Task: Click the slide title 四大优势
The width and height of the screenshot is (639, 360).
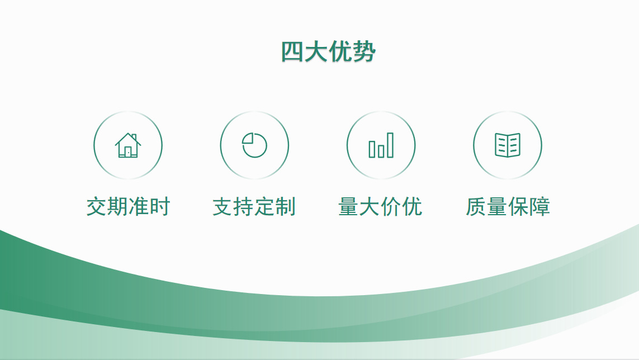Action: [328, 52]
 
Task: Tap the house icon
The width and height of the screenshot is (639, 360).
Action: [128, 145]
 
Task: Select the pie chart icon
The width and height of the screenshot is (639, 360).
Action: [254, 145]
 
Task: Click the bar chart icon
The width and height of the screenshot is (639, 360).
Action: [381, 145]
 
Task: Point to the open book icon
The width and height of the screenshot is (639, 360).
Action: [508, 145]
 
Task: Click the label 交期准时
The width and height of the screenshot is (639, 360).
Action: [128, 206]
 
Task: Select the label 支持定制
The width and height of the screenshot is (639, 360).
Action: [254, 206]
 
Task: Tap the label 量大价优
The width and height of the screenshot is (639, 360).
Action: [381, 206]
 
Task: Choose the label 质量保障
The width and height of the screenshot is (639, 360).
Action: [508, 206]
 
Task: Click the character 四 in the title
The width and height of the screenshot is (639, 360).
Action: [292, 52]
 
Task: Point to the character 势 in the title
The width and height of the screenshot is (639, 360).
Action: [365, 52]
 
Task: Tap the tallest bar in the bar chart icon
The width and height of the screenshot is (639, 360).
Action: [390, 145]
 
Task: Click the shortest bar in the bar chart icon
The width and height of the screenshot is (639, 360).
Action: [381, 151]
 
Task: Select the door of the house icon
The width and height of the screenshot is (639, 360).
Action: [128, 151]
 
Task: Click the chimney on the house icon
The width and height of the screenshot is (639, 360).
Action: [134, 137]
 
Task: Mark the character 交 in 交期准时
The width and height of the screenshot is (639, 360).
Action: [97, 206]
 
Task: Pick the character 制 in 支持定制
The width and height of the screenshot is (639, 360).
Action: [286, 206]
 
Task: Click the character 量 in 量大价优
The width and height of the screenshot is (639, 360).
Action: [349, 206]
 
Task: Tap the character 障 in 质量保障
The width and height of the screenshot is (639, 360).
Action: [539, 206]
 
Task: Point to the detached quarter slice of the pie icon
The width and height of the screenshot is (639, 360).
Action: [249, 139]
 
